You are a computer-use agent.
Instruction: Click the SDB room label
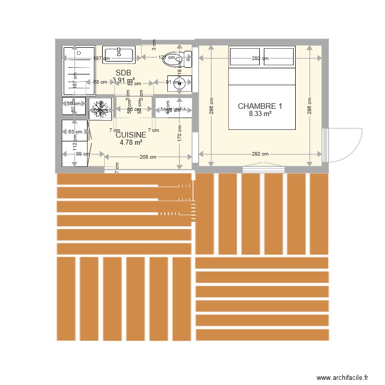tap(124, 72)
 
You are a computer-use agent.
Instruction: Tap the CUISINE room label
tap(131, 135)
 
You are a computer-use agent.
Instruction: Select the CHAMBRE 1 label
tap(260, 106)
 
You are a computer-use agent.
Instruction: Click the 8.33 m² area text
tap(260, 114)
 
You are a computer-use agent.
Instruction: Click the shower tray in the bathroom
tap(79, 70)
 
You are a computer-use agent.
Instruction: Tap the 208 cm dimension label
tap(148, 157)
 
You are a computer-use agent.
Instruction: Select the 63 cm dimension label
tap(74, 132)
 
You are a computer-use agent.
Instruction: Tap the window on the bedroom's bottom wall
tap(263, 168)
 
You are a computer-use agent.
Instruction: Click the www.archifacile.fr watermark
tap(342, 377)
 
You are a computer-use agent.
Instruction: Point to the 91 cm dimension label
tap(165, 82)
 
